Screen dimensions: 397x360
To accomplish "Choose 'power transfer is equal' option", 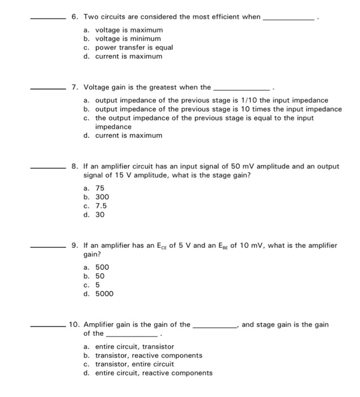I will click(x=134, y=48).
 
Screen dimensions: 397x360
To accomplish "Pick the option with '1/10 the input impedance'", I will click(x=211, y=100).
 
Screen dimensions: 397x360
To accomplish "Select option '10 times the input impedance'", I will click(x=218, y=109).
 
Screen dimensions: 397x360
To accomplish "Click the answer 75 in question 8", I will click(x=100, y=188).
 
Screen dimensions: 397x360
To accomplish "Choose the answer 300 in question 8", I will click(x=102, y=197).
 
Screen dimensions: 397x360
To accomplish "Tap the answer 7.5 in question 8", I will click(x=101, y=206).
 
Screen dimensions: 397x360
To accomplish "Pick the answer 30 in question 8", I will click(x=100, y=215).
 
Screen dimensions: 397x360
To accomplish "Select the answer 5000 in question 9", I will click(x=104, y=294).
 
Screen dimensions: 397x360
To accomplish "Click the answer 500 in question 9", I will click(x=102, y=267).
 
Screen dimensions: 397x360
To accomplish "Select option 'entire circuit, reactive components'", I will click(x=154, y=373).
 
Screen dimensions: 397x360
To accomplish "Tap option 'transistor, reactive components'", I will click(x=149, y=356).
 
